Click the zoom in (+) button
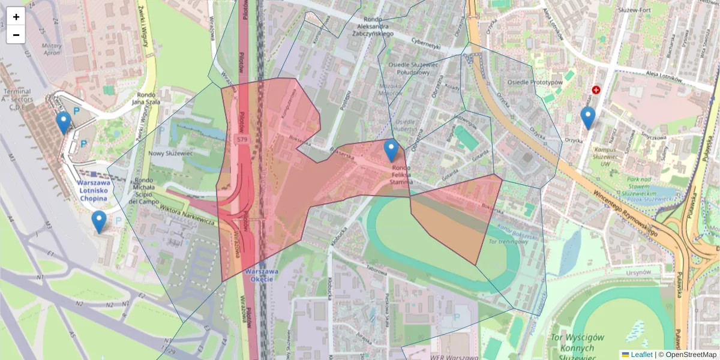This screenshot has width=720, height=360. click(x=16, y=17)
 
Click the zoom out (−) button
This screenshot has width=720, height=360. click(x=16, y=35)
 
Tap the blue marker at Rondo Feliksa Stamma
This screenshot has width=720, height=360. click(x=391, y=151)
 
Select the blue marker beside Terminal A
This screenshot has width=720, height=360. click(x=63, y=122)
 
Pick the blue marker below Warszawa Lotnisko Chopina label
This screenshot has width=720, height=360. click(x=99, y=221)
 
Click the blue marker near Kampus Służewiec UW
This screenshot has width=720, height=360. click(x=588, y=118)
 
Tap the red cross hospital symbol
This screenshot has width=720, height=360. click(x=596, y=90)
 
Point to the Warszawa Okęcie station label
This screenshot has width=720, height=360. click(x=260, y=275)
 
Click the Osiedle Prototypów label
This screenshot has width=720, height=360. click(x=535, y=82)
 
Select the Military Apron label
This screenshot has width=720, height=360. click(x=52, y=49)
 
